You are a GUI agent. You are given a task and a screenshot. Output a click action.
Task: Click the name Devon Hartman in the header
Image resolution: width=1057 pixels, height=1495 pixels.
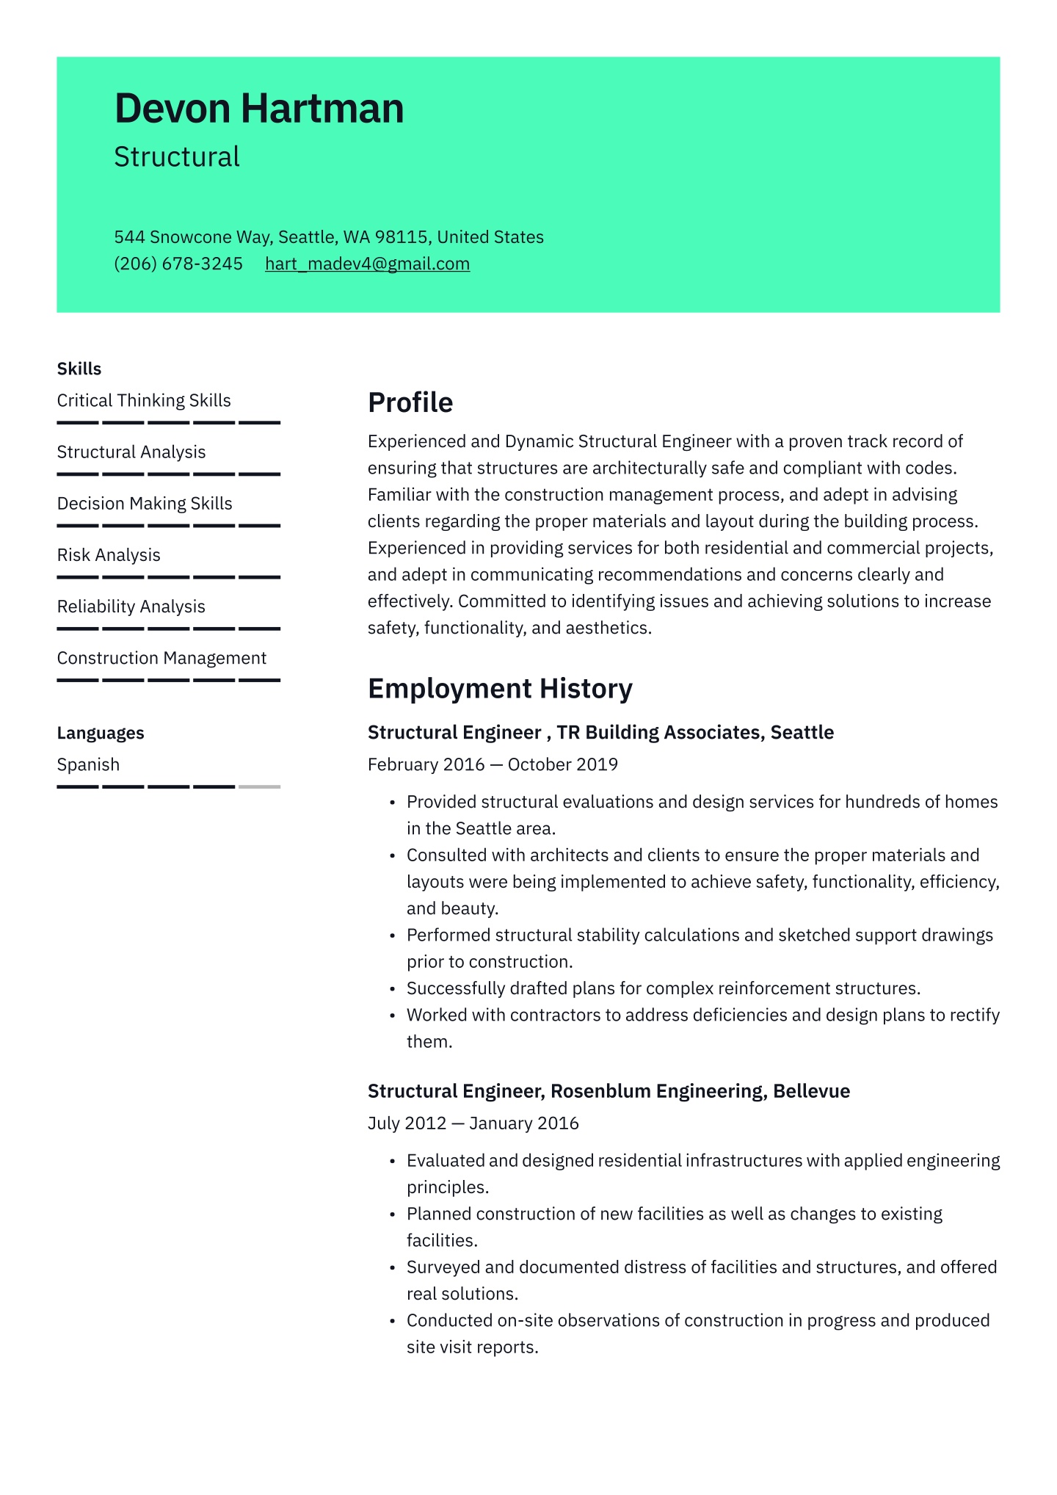pos(259,109)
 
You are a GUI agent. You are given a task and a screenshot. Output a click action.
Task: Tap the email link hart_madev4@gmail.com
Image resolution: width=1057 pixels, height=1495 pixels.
pos(367,264)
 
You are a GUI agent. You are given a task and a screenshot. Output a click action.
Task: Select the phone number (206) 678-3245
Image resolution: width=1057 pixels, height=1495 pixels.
pos(178,264)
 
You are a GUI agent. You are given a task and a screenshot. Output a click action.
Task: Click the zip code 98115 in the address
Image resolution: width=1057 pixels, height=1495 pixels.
pos(401,237)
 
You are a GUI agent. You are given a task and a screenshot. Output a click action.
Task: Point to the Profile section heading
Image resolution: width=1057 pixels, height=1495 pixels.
pos(410,402)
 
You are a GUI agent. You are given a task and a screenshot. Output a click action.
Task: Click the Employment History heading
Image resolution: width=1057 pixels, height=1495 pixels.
pos(499,689)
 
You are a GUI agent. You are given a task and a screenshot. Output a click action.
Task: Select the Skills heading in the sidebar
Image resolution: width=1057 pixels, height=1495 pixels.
pos(79,369)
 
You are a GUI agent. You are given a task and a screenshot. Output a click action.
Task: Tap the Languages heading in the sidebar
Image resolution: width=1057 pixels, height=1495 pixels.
pos(101,733)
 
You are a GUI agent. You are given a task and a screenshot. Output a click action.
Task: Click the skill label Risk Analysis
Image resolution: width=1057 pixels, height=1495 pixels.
pos(109,555)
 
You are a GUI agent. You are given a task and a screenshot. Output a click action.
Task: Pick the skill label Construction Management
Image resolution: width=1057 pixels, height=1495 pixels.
pos(161,658)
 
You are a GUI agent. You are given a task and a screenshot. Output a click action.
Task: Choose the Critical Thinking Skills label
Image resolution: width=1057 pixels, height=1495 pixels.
pos(144,400)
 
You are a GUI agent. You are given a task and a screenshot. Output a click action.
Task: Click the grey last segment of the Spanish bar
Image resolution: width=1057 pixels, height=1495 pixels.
pos(259,786)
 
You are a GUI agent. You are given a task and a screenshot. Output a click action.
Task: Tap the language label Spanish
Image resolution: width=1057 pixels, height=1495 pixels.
pos(88,764)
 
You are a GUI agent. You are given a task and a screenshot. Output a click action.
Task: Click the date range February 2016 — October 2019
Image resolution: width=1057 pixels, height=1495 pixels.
pos(493,764)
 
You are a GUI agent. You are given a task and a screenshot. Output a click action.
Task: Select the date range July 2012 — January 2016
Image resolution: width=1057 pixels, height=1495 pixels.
pos(473,1123)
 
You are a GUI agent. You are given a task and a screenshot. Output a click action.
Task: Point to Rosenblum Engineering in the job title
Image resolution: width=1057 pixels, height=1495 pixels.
pos(656,1090)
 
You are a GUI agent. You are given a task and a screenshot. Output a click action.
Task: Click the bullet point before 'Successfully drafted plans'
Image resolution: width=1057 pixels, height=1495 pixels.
pos(393,989)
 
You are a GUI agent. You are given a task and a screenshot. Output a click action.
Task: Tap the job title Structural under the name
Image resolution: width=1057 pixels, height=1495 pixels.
pos(177,157)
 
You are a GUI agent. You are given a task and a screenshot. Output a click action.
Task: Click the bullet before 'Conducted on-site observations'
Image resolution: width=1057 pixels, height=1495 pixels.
pos(393,1321)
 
